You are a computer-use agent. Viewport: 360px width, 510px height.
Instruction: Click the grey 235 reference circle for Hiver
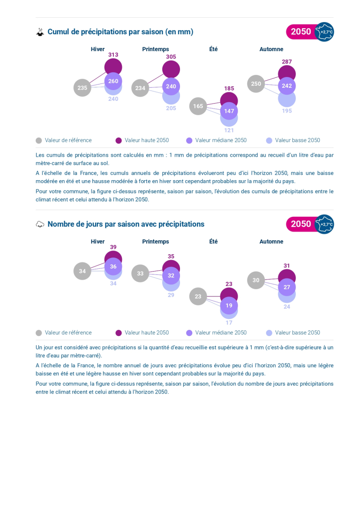(x=82, y=88)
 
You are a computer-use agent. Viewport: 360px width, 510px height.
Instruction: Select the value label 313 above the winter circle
(x=113, y=54)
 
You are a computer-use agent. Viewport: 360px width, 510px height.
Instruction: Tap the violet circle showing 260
(x=113, y=81)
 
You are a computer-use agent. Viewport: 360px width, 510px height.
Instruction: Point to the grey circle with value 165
(x=198, y=107)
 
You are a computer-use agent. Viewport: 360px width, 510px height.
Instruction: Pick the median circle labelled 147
(x=229, y=111)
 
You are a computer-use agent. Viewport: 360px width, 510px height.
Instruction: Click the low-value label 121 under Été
(x=229, y=130)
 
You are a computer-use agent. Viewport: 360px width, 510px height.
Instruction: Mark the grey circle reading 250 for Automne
(x=256, y=84)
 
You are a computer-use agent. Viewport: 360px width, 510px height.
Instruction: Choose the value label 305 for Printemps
(x=171, y=57)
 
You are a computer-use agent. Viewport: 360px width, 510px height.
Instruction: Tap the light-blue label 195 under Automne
(x=287, y=111)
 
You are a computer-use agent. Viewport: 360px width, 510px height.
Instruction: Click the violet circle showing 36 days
(x=113, y=266)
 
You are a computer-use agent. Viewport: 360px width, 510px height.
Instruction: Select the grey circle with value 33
(x=140, y=274)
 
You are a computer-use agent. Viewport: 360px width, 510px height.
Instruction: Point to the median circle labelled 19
(x=229, y=306)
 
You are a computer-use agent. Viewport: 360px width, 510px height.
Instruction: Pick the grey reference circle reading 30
(x=256, y=281)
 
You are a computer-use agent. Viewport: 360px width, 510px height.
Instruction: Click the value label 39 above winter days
(x=113, y=247)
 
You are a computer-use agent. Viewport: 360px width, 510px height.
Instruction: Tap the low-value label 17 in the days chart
(x=229, y=323)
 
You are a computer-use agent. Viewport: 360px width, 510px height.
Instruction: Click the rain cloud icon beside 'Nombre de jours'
(x=40, y=224)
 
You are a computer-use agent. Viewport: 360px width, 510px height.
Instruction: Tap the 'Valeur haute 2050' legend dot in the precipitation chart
(x=119, y=140)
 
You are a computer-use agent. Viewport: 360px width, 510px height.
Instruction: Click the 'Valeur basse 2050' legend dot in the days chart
(x=269, y=333)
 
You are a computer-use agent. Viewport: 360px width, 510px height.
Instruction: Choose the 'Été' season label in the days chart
(x=213, y=241)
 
